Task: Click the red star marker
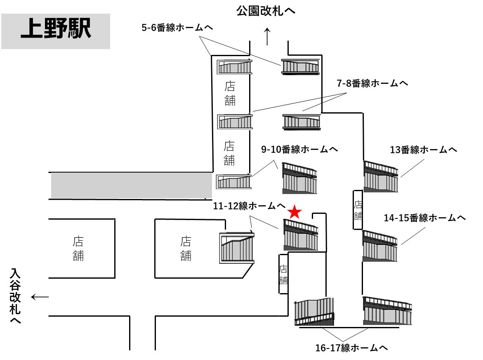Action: (294, 212)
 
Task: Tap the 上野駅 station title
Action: (56, 31)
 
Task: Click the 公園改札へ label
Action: (266, 11)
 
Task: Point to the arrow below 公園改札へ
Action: (267, 36)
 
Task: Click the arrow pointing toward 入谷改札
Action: (40, 297)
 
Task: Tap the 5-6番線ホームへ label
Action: (177, 28)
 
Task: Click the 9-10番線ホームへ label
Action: (300, 149)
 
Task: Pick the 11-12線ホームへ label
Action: (250, 205)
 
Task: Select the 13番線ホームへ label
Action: (423, 150)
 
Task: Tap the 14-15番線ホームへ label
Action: (425, 218)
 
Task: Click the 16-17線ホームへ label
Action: (351, 348)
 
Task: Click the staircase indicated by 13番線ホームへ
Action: (381, 177)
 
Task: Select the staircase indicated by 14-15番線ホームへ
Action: (380, 246)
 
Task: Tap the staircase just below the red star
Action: (301, 235)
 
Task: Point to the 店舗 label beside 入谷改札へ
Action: (78, 249)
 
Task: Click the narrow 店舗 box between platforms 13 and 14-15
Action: (358, 210)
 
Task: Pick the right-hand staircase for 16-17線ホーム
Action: (387, 310)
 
